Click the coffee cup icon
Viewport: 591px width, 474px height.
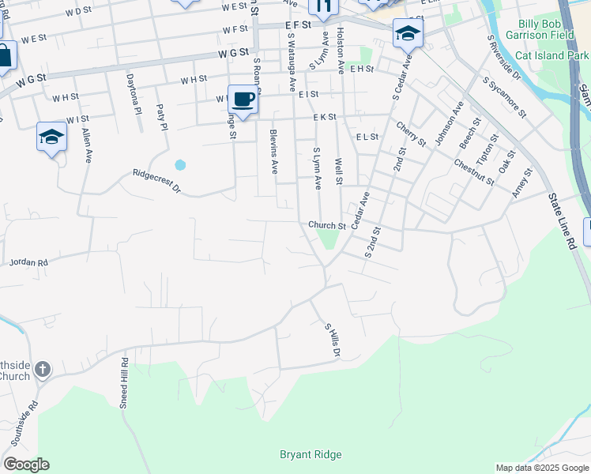click(243, 100)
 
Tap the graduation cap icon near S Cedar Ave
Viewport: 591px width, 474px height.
click(408, 32)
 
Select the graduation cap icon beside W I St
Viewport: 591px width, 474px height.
click(51, 136)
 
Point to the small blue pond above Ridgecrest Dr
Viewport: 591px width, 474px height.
click(180, 165)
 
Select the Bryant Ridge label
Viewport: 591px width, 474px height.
click(311, 454)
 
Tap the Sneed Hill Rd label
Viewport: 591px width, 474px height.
click(124, 382)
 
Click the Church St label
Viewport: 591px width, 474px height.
click(327, 226)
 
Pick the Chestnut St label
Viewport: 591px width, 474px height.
click(474, 172)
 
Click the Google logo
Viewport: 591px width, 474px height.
click(25, 465)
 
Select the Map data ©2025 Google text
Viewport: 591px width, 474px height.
click(542, 468)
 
